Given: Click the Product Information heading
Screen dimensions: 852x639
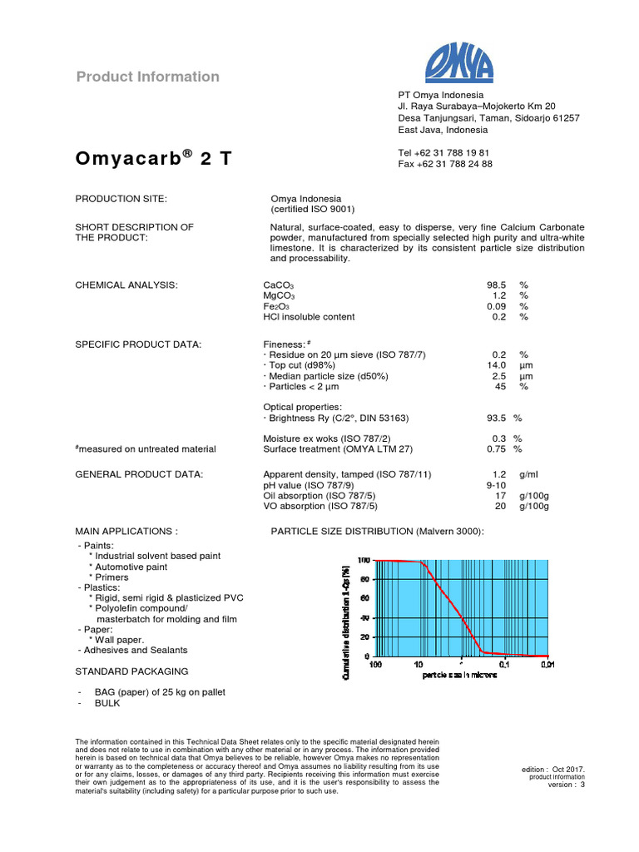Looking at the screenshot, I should pos(148,77).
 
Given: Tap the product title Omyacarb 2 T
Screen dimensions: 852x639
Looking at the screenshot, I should pos(154,159).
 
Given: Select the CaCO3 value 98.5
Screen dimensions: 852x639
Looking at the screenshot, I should pos(497,285).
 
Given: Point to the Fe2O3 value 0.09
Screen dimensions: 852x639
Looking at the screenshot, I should pos(497,306).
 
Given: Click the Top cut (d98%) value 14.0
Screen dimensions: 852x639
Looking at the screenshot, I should pos(497,365).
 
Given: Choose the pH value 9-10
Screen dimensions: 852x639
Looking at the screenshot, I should pos(497,485).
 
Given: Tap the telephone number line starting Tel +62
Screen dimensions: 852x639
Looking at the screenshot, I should pos(443,153).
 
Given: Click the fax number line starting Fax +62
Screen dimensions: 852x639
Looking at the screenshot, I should pos(445,164).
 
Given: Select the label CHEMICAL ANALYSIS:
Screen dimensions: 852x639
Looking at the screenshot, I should pos(126,285).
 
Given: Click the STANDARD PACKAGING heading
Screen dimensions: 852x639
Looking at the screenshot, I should pos(131,671).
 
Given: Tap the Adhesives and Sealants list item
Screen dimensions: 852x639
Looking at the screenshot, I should pos(132,650).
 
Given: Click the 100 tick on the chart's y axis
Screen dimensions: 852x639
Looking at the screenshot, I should pos(364,560).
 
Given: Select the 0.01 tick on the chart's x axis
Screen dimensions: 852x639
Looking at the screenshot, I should pos(547,665).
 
